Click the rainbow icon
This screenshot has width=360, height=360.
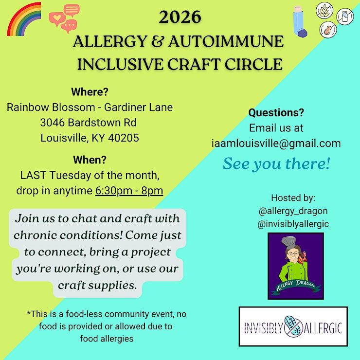16,14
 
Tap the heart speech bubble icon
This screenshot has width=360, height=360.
57,19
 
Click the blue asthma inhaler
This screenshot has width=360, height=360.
300,21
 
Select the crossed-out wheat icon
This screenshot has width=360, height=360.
324,11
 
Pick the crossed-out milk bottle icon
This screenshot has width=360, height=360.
345,17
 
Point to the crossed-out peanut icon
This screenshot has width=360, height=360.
328,30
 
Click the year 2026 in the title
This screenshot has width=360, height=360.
180,17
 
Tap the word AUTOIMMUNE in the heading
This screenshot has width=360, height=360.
226,41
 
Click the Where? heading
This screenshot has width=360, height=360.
90,92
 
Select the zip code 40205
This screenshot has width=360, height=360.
124,138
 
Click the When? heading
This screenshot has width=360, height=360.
90,160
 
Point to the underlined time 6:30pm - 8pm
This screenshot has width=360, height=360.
129,191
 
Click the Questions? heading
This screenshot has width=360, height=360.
276,113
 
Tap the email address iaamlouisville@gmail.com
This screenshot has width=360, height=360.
276,144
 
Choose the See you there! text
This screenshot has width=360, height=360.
276,164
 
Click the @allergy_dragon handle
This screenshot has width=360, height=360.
293,211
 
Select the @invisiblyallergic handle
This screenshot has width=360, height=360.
293,224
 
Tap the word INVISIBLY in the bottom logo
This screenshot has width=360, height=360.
263,327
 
